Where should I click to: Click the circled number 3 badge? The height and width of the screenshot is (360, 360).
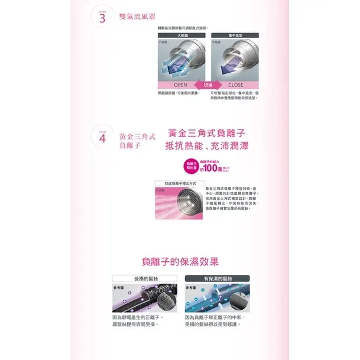click(x=102, y=17)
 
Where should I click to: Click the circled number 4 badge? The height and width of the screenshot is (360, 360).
click(x=102, y=139)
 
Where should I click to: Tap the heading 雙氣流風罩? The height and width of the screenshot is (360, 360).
click(x=141, y=17)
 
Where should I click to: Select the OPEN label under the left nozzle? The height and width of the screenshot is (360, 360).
click(x=180, y=85)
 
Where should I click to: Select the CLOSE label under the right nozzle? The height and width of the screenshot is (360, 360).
click(x=235, y=85)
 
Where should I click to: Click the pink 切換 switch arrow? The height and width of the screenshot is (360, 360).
click(x=207, y=85)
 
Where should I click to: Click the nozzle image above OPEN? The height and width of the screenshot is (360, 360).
click(x=181, y=60)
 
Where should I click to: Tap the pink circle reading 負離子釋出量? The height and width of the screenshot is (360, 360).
click(x=190, y=164)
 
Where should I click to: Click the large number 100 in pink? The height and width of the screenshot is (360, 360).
click(x=216, y=168)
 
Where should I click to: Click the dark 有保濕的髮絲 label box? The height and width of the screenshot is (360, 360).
click(x=217, y=278)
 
